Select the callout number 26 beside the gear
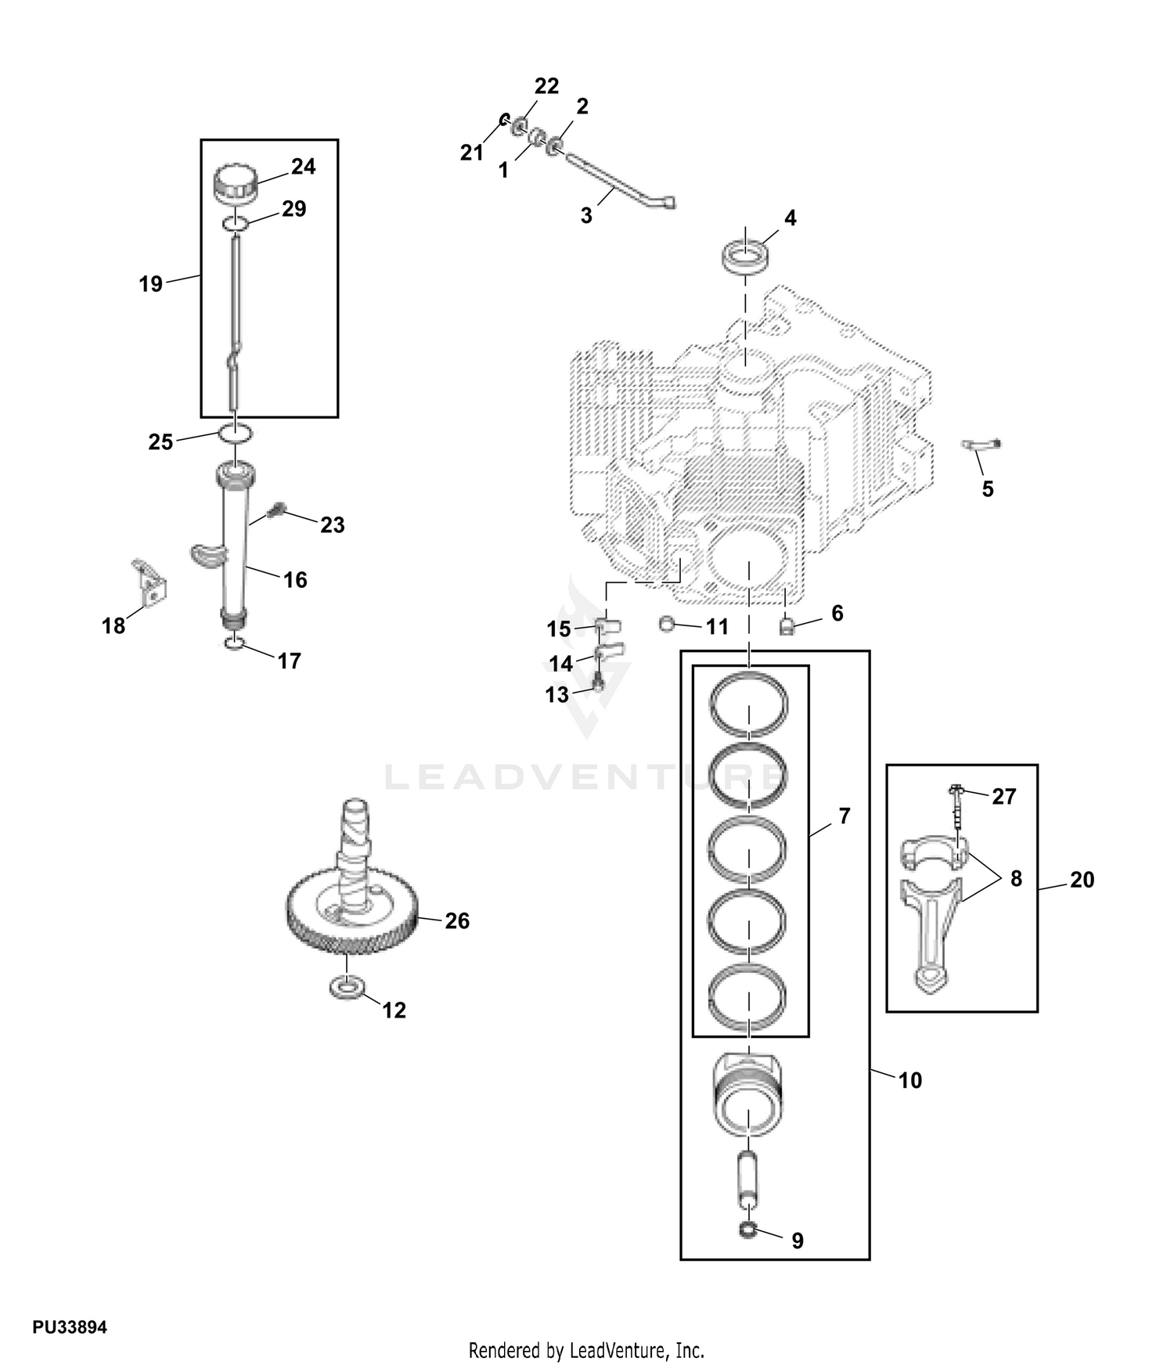[x=457, y=920]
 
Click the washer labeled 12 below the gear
[x=347, y=988]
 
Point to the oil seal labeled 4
[x=745, y=258]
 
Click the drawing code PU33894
[x=70, y=1327]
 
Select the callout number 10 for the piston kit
[x=910, y=1080]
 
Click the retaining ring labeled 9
[x=748, y=1230]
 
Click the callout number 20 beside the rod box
[x=1082, y=880]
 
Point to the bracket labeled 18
[x=149, y=582]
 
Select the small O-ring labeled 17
[x=234, y=644]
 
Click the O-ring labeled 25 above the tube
[x=235, y=432]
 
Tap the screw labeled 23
[x=275, y=511]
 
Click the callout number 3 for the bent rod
[x=586, y=215]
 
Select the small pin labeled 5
[x=981, y=445]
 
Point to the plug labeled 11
[x=667, y=623]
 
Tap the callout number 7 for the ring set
[x=844, y=816]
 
